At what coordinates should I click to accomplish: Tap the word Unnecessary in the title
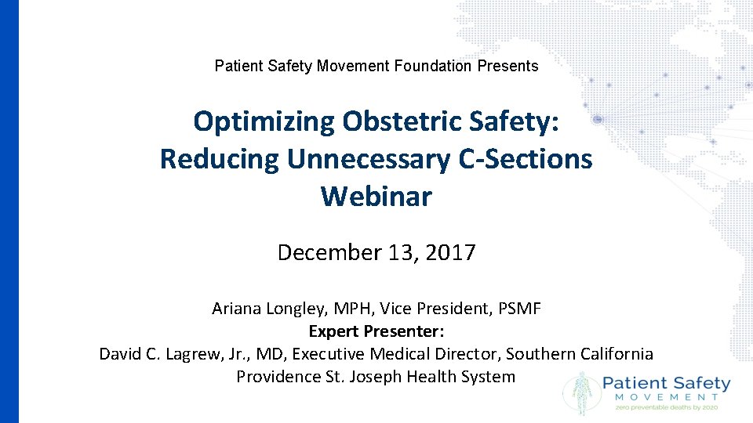(369, 159)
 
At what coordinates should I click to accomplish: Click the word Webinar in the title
(376, 196)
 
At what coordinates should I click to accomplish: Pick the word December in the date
(329, 252)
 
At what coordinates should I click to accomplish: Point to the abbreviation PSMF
(518, 309)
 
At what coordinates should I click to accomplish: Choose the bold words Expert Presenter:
(376, 331)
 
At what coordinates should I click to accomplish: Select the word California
(614, 353)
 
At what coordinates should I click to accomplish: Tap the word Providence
(278, 376)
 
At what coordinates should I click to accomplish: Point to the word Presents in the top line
(507, 66)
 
